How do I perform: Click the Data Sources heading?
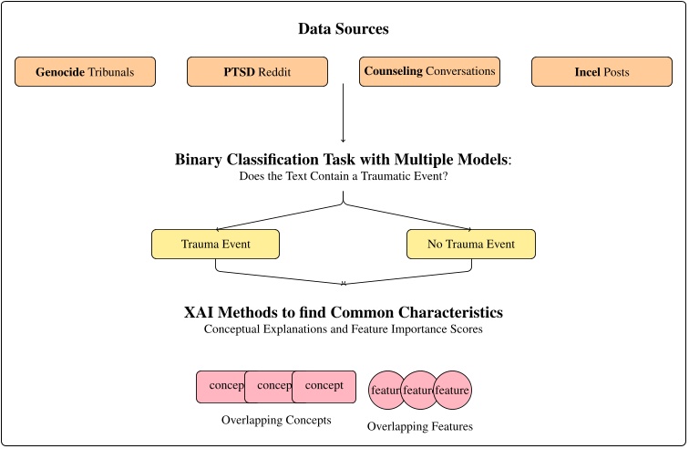click(344, 29)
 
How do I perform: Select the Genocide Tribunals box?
click(86, 72)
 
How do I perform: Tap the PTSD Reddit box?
click(257, 72)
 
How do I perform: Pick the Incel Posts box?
click(602, 72)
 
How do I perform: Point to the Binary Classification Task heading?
click(344, 160)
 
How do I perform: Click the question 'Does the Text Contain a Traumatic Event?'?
click(344, 177)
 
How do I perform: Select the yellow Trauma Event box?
click(214, 245)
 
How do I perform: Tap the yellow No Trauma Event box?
click(471, 245)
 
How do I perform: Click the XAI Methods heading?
click(344, 312)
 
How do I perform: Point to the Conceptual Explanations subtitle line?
click(344, 329)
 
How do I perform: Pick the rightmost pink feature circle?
click(453, 391)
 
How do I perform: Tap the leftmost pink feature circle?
click(385, 391)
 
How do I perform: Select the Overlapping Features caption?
click(419, 426)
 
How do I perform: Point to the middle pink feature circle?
click(418, 391)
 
